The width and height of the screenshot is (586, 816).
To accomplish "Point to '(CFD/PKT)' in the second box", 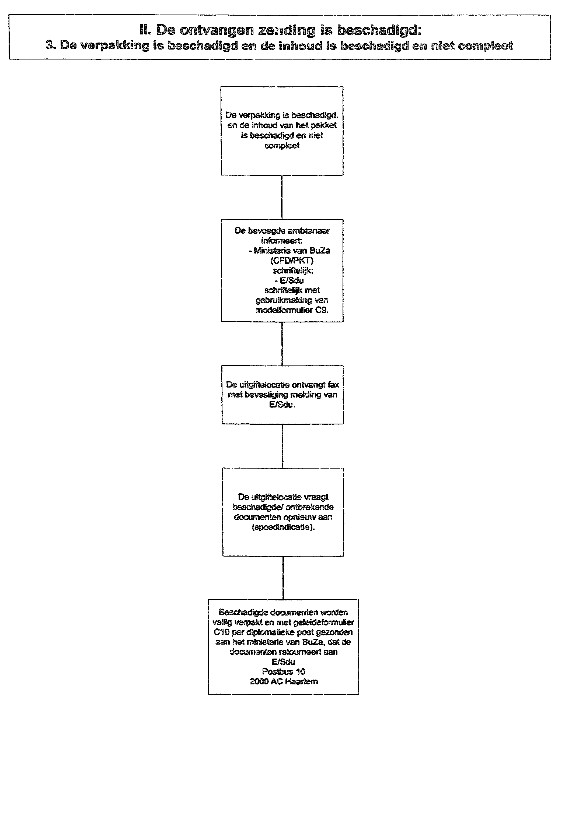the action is coord(292,261).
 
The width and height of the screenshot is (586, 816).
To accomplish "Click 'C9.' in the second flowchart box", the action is coord(322,310).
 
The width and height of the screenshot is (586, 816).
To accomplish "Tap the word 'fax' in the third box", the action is coord(333,385).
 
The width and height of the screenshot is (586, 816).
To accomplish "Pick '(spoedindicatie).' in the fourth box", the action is coord(283,527).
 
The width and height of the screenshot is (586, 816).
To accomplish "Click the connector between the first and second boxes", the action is coord(281,197).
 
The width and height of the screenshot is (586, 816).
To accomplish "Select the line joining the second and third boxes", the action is coord(282,344).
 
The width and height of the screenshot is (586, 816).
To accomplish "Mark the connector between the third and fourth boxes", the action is coord(282,446).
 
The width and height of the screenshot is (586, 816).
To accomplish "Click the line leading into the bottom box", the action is coord(283,578).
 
